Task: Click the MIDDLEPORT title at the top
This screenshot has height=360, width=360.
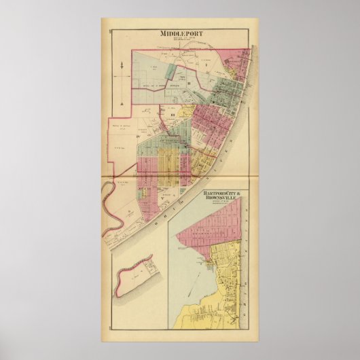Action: [x=179, y=33]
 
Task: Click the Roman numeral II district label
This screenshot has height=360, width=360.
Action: [x=199, y=84]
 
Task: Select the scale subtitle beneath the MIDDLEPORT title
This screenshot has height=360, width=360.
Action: [x=179, y=39]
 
